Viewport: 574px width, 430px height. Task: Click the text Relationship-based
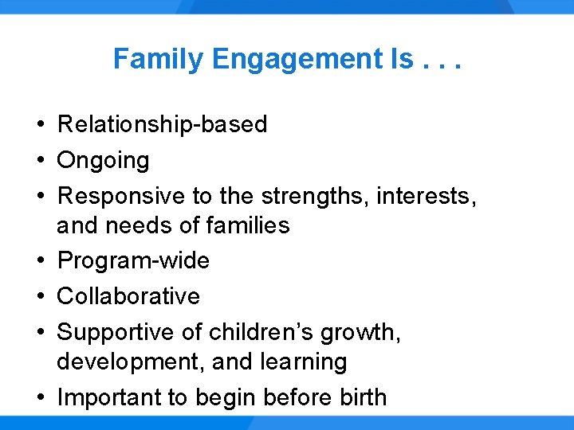pos(162,125)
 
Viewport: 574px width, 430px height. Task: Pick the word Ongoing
pos(103,161)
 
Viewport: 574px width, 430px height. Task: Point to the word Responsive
pos(122,195)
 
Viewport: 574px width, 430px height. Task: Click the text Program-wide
pos(133,261)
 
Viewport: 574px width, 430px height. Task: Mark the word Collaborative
pos(128,296)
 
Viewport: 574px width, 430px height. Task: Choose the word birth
pos(359,397)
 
